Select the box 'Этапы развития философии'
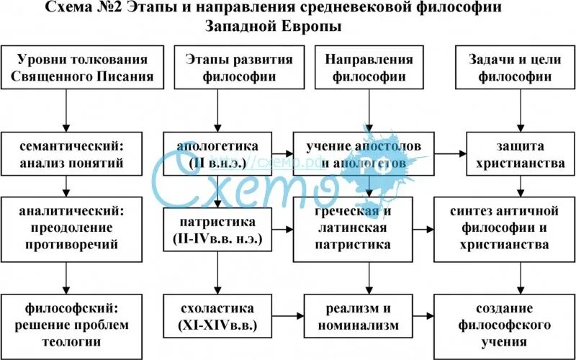[218, 68]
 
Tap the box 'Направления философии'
[369, 68]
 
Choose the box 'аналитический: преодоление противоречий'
[67, 228]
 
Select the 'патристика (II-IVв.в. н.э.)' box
[218, 229]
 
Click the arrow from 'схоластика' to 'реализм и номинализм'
[288, 315]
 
